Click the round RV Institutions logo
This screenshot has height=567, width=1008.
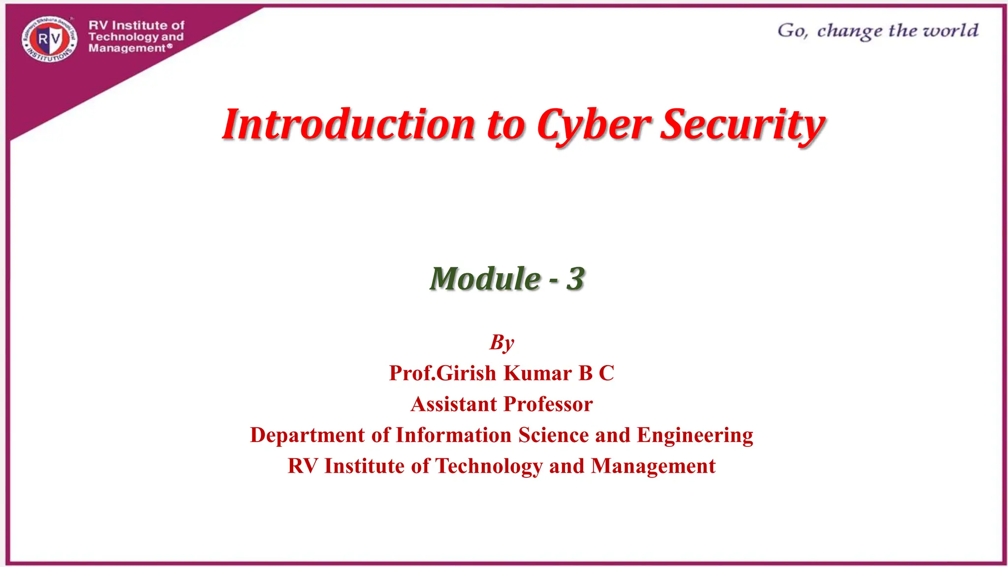[x=50, y=39]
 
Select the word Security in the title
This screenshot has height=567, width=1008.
[x=742, y=125]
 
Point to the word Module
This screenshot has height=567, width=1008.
[x=485, y=279]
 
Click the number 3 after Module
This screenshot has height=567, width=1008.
[x=575, y=279]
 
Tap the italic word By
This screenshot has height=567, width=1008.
[x=502, y=343]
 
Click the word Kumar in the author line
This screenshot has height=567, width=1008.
[x=538, y=373]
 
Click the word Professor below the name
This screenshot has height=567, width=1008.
[x=548, y=404]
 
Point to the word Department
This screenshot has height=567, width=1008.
[x=307, y=436]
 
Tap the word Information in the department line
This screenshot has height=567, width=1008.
[x=453, y=435]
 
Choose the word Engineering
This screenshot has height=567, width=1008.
[x=695, y=436]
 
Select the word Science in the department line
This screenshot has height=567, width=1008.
[x=553, y=435]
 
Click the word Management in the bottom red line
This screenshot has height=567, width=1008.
[x=653, y=466]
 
